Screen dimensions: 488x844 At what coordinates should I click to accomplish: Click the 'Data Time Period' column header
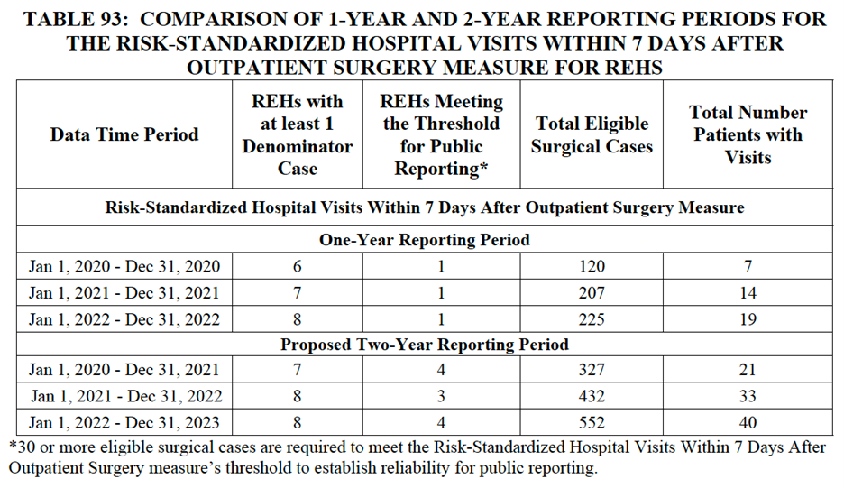click(x=124, y=134)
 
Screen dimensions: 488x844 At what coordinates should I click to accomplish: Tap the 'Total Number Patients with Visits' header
click(x=748, y=134)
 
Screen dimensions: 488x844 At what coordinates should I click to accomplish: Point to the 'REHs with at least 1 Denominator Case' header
click(x=298, y=134)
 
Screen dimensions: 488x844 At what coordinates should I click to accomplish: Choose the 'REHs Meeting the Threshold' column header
click(x=442, y=134)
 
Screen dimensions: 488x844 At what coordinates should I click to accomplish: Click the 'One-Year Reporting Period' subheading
click(x=425, y=240)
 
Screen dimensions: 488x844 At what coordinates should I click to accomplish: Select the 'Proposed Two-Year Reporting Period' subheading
click(x=425, y=345)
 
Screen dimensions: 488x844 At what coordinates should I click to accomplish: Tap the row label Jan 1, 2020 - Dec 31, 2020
click(x=124, y=266)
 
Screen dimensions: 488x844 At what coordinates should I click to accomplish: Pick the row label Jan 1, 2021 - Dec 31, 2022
click(x=124, y=396)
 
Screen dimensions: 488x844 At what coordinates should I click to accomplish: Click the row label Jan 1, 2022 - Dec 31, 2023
click(x=124, y=422)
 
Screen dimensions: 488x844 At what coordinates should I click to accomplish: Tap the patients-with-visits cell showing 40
click(x=748, y=422)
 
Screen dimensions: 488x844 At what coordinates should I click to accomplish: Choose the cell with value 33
click(x=748, y=396)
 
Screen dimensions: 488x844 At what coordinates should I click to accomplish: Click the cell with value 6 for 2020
click(x=298, y=266)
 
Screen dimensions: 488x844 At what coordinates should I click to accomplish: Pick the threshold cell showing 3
click(x=442, y=396)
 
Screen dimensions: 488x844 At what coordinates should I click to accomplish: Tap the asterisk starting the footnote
click(x=13, y=448)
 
